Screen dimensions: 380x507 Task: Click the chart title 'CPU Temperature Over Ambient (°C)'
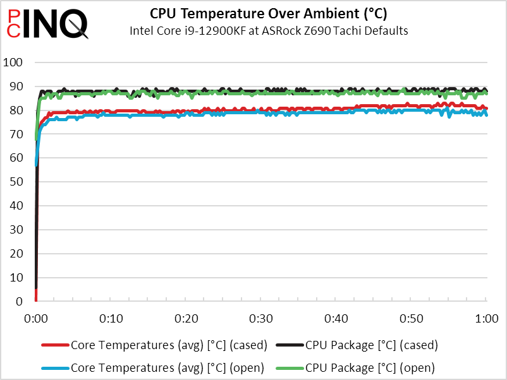point(268,14)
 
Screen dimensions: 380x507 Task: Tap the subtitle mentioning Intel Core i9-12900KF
point(268,30)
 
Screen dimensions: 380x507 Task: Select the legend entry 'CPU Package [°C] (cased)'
point(371,345)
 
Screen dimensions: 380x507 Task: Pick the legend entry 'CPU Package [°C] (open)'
point(370,367)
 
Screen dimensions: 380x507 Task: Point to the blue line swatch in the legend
point(55,367)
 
